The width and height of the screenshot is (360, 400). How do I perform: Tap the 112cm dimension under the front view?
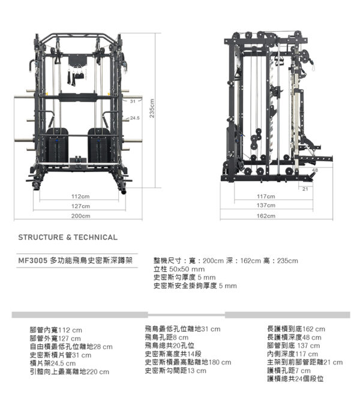pos(80,196)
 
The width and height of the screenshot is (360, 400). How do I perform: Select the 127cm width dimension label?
pos(80,206)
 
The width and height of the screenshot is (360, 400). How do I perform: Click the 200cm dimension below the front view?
pos(80,215)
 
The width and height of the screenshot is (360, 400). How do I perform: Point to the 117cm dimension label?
pos(266,196)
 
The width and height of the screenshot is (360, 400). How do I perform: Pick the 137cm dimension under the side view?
pos(266,206)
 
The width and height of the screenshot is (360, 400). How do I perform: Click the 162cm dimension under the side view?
pos(266,215)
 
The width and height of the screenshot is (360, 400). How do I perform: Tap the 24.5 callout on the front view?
pos(134,118)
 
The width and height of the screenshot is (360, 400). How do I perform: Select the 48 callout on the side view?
pos(315,170)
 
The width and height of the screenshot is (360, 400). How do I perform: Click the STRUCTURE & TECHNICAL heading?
pos(68,237)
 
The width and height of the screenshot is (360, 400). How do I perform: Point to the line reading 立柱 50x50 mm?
pos(180,269)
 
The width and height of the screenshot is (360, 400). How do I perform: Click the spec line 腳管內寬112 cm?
pos(56,330)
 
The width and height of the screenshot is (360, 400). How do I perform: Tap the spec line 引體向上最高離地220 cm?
pos(69,372)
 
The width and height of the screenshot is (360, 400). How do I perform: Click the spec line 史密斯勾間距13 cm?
pos(175,371)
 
